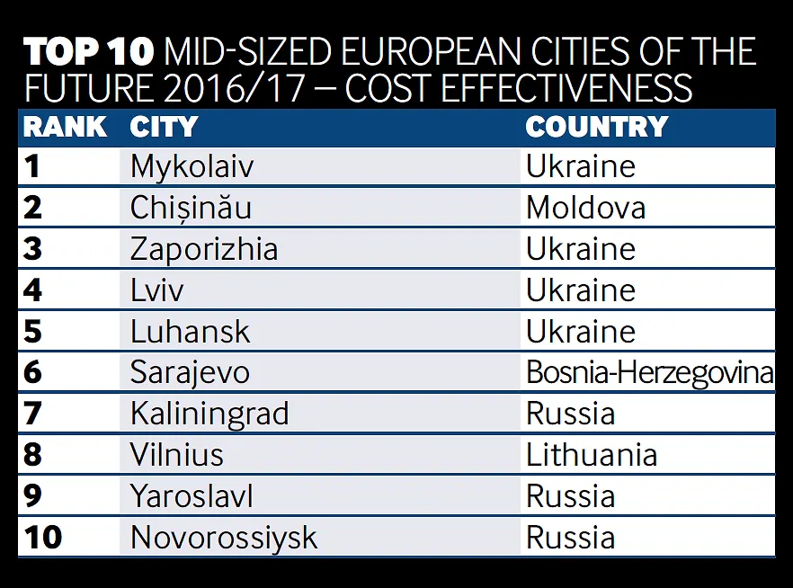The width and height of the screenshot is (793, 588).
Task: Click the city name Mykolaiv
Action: [x=192, y=166]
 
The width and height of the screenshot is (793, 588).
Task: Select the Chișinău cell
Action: [x=191, y=208]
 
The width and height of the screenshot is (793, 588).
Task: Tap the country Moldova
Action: [x=585, y=208]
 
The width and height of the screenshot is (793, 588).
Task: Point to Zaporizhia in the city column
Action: [x=204, y=249]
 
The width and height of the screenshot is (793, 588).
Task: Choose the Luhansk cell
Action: [x=190, y=332]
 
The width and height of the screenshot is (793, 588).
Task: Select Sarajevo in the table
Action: [x=190, y=372]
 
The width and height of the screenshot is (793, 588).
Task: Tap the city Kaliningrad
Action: [x=209, y=414]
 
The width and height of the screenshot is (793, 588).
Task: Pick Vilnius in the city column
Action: [x=176, y=455]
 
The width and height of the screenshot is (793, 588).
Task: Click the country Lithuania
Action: [x=592, y=455]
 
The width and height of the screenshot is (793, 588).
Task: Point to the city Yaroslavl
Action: [x=192, y=496]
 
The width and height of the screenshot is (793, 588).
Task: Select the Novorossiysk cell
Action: [x=224, y=538]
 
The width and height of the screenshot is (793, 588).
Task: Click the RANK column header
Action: [x=65, y=127]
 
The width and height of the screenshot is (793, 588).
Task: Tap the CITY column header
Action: [x=163, y=127]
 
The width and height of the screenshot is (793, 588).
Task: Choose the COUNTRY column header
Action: [x=596, y=127]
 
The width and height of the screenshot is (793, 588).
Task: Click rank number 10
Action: [x=42, y=538]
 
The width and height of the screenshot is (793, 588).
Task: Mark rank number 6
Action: [x=33, y=372]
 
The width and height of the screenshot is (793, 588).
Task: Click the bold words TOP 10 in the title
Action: [x=88, y=53]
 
